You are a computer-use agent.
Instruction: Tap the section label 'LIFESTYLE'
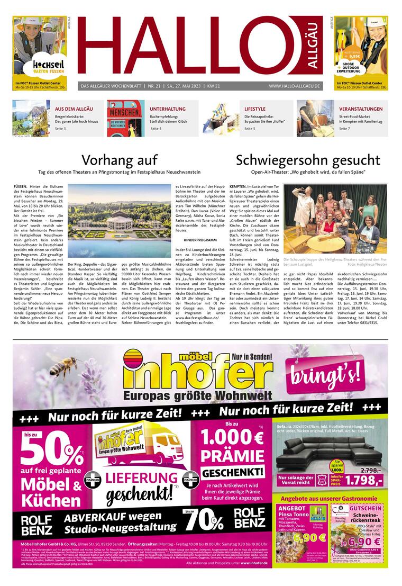[255, 109]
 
